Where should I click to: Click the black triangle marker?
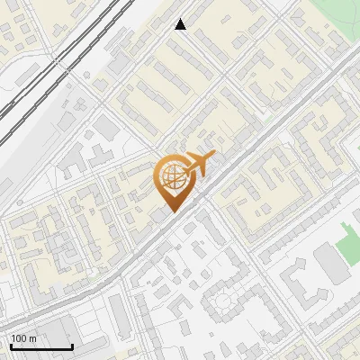[x=181, y=24]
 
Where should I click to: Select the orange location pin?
[x=173, y=180]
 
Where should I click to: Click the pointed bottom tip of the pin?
[x=172, y=211]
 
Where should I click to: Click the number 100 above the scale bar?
[x=20, y=338]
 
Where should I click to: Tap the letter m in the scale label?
[x=34, y=338]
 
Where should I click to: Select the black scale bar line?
[x=41, y=346]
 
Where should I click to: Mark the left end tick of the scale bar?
[x=11, y=345]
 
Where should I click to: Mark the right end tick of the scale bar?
[x=72, y=345]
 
